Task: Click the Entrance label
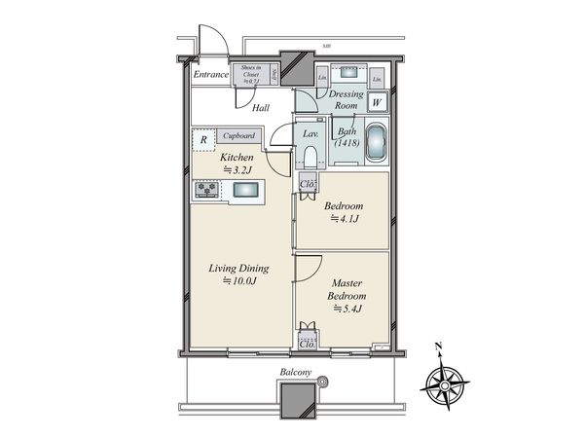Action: [x=209, y=74]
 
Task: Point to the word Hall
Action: [x=261, y=108]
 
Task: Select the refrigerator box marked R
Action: [x=202, y=139]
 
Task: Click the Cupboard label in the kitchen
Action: [x=238, y=137]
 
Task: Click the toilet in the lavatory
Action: [x=310, y=156]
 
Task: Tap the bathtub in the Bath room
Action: [x=375, y=145]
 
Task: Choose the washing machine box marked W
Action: [x=377, y=99]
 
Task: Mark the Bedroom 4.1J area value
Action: [x=344, y=220]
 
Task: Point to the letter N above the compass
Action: [x=439, y=347]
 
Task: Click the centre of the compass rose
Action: [x=444, y=386]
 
